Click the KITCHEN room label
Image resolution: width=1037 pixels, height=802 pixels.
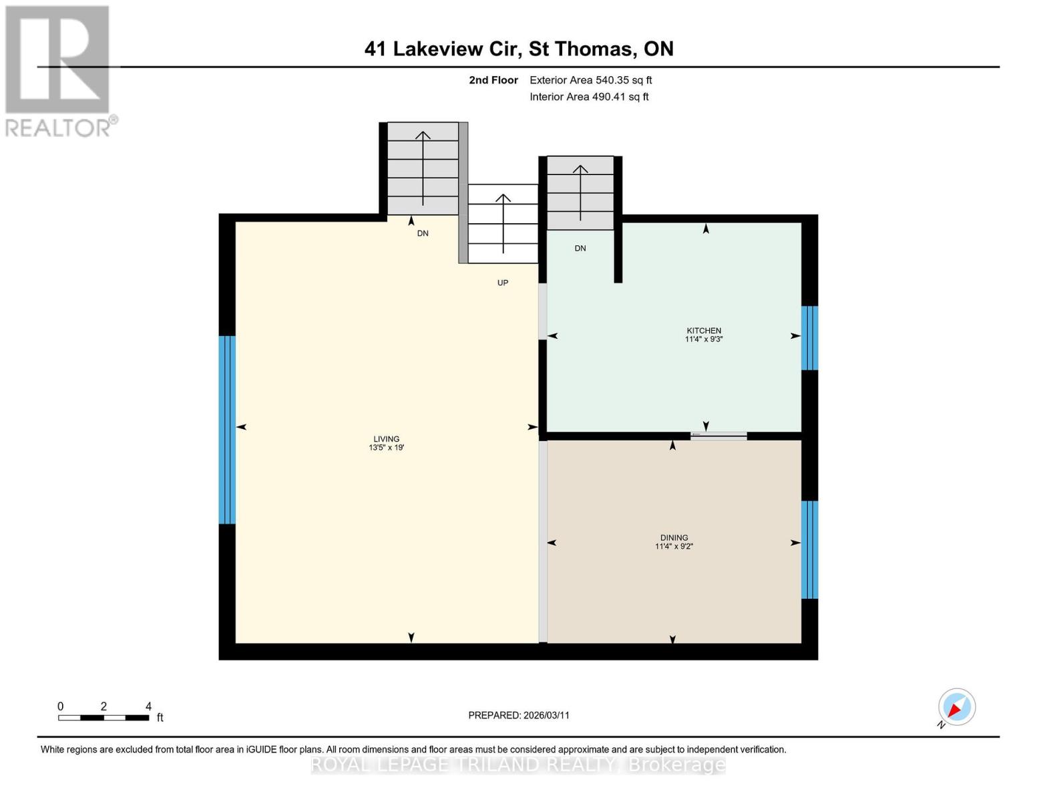pyautogui.click(x=704, y=330)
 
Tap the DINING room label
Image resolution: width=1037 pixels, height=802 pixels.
pyautogui.click(x=674, y=537)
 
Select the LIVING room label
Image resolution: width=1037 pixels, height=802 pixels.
pyautogui.click(x=386, y=439)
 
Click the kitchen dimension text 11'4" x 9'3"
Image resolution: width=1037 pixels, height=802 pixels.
pyautogui.click(x=704, y=340)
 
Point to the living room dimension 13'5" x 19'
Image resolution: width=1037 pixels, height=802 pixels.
pyautogui.click(x=386, y=448)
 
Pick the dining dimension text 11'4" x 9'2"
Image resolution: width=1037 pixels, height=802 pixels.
pyautogui.click(x=674, y=547)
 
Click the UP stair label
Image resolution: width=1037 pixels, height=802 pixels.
pyautogui.click(x=503, y=283)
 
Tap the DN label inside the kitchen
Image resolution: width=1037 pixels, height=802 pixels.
pyautogui.click(x=580, y=248)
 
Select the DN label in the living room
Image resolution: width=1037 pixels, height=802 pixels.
pyautogui.click(x=423, y=233)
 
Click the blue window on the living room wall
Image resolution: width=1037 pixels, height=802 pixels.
pyautogui.click(x=227, y=430)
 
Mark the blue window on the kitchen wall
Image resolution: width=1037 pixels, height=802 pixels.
pyautogui.click(x=809, y=338)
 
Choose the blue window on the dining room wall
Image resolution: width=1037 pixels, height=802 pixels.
pyautogui.click(x=809, y=549)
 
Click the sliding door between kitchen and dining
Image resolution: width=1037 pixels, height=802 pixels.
pyautogui.click(x=718, y=436)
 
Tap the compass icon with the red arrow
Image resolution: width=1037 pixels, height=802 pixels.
pyautogui.click(x=956, y=707)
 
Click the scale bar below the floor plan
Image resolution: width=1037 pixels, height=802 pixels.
pyautogui.click(x=103, y=718)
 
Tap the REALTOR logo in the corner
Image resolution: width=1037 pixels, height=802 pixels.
pyautogui.click(x=59, y=70)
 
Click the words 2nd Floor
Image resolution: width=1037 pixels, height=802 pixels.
pyautogui.click(x=493, y=80)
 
